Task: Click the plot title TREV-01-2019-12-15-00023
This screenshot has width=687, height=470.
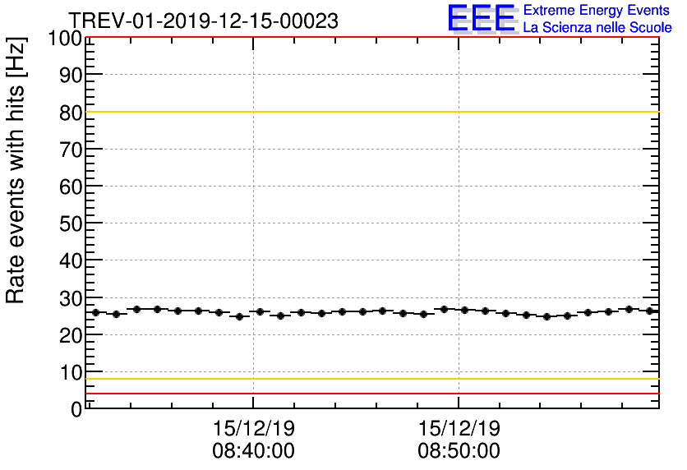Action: coord(202,21)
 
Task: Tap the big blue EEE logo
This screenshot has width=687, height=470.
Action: coord(482,19)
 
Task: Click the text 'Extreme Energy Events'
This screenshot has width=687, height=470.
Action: coord(597,11)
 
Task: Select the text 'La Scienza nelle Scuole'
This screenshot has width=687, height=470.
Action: coord(597,28)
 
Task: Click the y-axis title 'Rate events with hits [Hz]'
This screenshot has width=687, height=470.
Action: coord(16,170)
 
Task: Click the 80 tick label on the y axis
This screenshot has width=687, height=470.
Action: coord(71,113)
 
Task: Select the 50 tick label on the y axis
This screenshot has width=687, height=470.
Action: coord(71,223)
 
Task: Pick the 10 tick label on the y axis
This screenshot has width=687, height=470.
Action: coord(71,372)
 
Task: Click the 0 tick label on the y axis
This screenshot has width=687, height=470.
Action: coord(76,409)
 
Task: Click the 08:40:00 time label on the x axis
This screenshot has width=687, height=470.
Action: coord(253,451)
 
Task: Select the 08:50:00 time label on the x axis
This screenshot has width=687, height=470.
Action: coord(459,451)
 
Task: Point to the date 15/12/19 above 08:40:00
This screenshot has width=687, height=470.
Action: coord(253,430)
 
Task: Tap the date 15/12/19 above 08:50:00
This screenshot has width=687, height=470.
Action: coord(459,430)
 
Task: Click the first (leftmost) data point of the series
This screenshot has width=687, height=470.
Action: coord(95,312)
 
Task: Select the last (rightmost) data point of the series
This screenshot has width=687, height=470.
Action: coord(649,311)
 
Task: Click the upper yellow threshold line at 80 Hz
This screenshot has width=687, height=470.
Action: coord(370,112)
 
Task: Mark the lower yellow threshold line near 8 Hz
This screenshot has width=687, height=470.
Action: coord(370,379)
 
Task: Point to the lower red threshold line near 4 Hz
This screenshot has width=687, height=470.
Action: coord(370,394)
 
